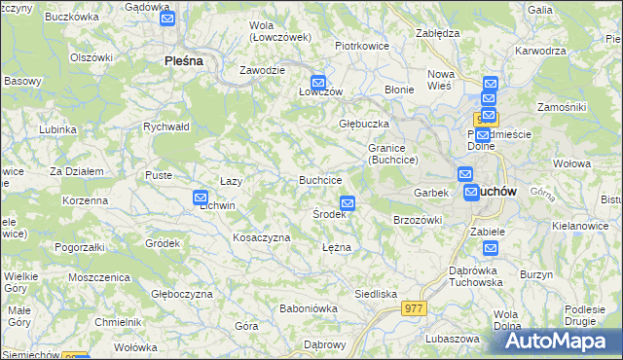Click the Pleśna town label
183,60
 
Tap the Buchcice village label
319,180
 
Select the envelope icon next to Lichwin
202,197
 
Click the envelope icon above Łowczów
317,83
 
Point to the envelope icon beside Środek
348,203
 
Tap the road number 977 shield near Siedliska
413,307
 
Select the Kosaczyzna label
261,237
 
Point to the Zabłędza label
437,32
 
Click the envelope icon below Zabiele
490,249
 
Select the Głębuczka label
364,125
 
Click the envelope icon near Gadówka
166,18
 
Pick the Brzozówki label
418,220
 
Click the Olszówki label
92,57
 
